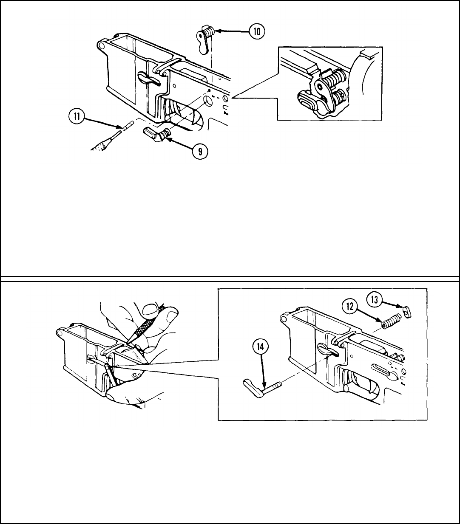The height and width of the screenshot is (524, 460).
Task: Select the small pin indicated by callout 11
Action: coord(128,126)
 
